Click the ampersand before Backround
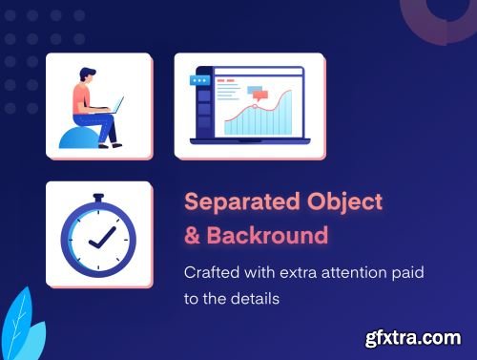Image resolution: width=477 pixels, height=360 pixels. click(192, 235)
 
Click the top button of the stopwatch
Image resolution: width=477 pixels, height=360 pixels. click(98, 199)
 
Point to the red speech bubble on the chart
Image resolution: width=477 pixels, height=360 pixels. click(256, 93)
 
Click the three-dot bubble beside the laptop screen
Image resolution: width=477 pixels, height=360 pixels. click(198, 81)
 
